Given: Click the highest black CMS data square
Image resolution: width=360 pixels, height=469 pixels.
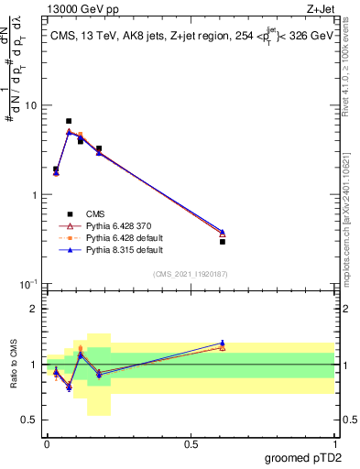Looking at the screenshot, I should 69,121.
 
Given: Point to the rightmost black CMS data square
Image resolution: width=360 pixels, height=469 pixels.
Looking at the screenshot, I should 223,242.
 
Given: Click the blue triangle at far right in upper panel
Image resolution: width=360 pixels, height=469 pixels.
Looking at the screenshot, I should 223,232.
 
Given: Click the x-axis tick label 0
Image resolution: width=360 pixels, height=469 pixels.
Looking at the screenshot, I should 47,444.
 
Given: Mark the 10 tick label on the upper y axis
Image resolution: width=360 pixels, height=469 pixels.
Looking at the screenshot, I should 29,105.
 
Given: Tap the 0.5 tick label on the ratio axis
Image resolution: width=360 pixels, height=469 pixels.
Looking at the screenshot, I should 31,420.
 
